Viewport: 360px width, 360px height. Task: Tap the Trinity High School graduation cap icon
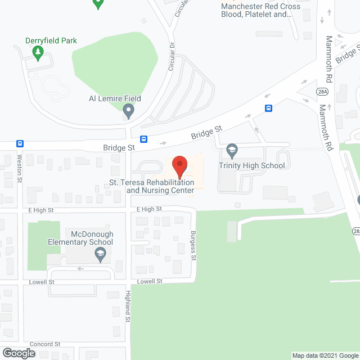click(x=231, y=150)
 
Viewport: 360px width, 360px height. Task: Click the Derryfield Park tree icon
click(x=38, y=53)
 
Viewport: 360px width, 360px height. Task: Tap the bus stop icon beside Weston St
click(x=20, y=143)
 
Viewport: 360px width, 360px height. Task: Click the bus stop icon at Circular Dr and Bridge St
click(x=144, y=139)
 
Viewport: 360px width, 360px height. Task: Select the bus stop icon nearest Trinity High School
click(x=269, y=109)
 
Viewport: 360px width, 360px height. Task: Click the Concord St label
click(x=45, y=344)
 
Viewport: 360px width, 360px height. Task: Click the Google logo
click(x=18, y=353)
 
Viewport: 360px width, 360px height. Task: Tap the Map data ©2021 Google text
click(x=325, y=355)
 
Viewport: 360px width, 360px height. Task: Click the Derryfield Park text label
click(x=51, y=40)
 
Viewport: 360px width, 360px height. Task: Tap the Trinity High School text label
click(x=252, y=165)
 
